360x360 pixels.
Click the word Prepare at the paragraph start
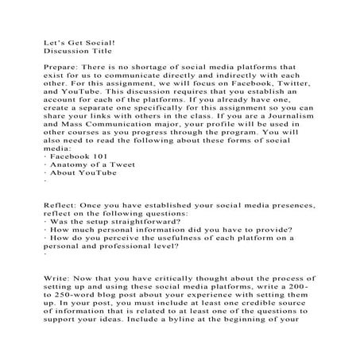pyautogui.click(x=60, y=68)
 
